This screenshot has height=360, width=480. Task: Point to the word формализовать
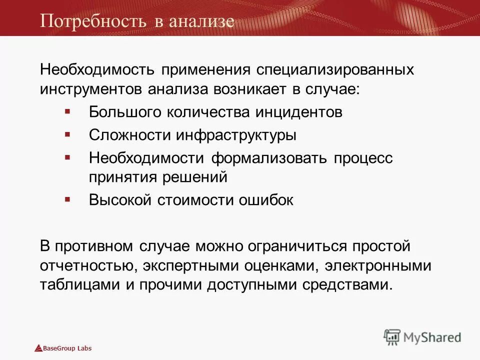coord(268,158)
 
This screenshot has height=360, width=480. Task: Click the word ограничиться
coord(302,246)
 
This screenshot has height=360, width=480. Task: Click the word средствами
coord(348,285)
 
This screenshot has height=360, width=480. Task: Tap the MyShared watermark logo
coord(422,337)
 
